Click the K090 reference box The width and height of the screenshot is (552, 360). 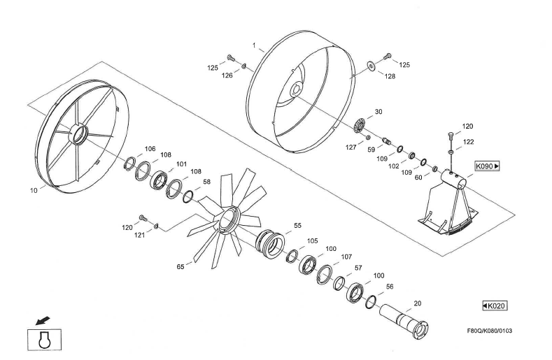click(x=487, y=166)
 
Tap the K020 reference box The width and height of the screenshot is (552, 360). click(x=495, y=305)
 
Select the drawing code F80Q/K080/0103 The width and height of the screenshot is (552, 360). click(x=489, y=331)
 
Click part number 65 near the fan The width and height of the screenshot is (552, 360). click(x=181, y=267)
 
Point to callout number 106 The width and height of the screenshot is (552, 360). click(x=150, y=149)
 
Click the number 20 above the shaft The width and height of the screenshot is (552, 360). click(x=418, y=303)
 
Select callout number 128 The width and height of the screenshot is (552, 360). click(x=390, y=76)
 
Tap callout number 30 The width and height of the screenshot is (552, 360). click(x=378, y=112)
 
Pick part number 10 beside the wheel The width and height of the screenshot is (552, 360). click(x=34, y=190)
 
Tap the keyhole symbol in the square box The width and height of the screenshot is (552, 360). click(x=45, y=340)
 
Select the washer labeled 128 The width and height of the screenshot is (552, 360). click(x=371, y=65)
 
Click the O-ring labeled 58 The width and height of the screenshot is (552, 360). click(x=188, y=196)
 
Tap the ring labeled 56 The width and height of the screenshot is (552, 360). click(x=370, y=301)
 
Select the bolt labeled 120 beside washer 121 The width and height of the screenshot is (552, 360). click(x=143, y=217)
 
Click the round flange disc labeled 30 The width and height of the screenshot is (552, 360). click(x=360, y=126)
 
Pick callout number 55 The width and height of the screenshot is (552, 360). click(x=298, y=225)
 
